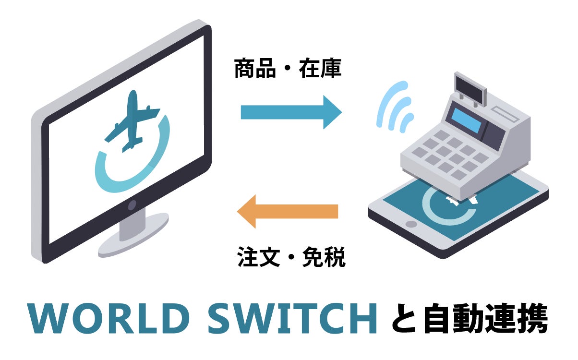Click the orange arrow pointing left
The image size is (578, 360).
pyautogui.click(x=288, y=211)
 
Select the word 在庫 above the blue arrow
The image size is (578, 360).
pyautogui.click(x=320, y=70)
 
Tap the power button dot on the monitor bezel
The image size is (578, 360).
pyautogui.click(x=132, y=205)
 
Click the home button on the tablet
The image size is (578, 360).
pyautogui.click(x=411, y=224)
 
